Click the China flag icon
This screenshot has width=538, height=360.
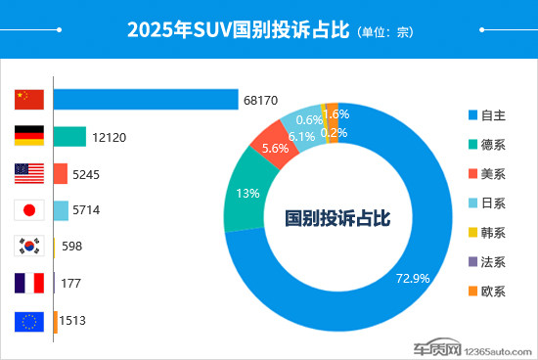click(x=29, y=100)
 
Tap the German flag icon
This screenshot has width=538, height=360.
click(x=29, y=137)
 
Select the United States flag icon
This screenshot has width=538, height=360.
click(x=29, y=174)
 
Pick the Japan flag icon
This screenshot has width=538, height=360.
click(x=29, y=210)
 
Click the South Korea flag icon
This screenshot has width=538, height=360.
click(x=29, y=247)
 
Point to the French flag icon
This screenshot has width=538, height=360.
click(x=29, y=284)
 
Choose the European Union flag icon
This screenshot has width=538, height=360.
click(x=29, y=321)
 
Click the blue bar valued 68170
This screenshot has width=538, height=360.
click(x=146, y=100)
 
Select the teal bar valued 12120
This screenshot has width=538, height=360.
click(x=69, y=137)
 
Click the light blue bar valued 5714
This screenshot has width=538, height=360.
click(x=61, y=210)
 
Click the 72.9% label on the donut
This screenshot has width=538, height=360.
click(x=412, y=278)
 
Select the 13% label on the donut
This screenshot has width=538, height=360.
click(x=248, y=193)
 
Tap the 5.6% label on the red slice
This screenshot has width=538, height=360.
click(x=275, y=149)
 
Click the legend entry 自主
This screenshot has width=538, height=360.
click(x=486, y=114)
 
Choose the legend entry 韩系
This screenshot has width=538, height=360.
click(x=486, y=233)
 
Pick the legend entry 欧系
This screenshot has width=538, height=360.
click(x=486, y=292)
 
